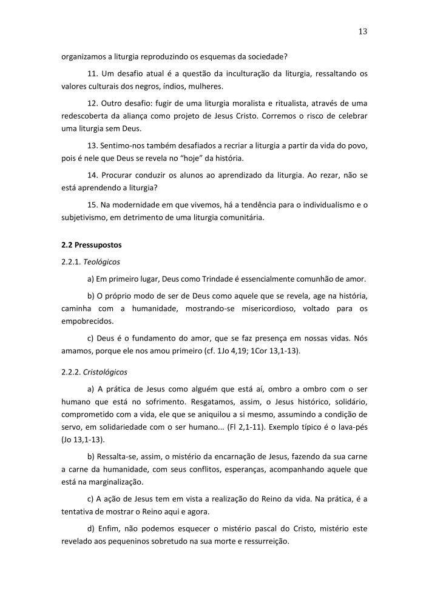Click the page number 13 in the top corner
(363, 32)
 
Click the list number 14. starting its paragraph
(93, 174)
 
